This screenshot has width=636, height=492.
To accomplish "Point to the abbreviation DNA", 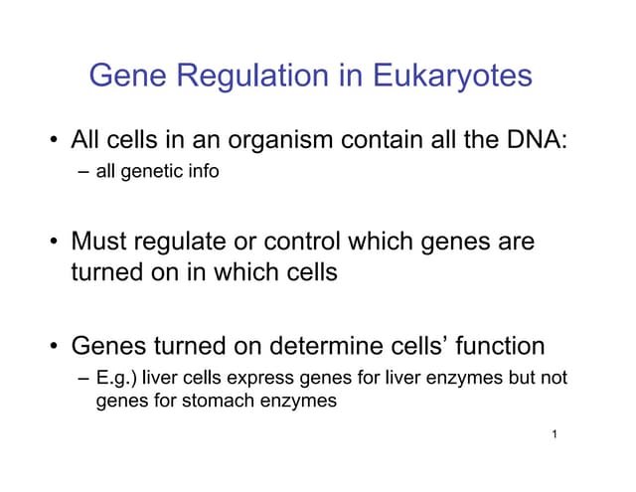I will coord(536,140).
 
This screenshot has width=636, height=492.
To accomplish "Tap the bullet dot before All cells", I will coord(51,141).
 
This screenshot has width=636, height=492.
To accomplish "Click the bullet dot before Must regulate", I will coord(51,243).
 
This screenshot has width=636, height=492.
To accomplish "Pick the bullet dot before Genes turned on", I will coord(51,347).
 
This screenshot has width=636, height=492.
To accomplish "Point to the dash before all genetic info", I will coord(83,172).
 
